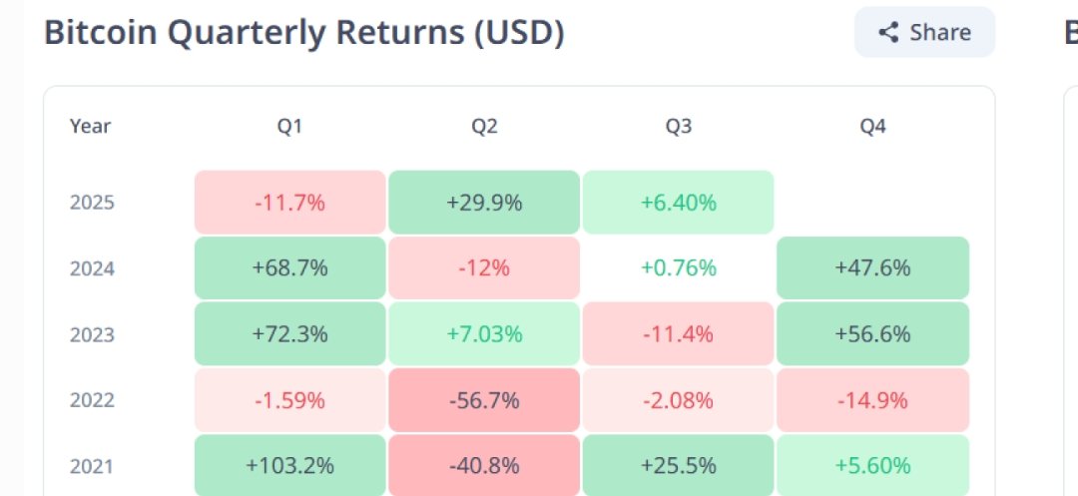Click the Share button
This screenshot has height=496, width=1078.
click(x=924, y=32)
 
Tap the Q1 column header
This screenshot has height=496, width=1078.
click(x=289, y=127)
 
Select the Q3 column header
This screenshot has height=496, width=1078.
click(x=678, y=127)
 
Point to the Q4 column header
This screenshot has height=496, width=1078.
click(x=872, y=127)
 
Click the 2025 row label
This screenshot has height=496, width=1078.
click(x=92, y=203)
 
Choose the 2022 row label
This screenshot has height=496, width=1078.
click(x=92, y=400)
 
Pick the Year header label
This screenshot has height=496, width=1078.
click(x=90, y=127)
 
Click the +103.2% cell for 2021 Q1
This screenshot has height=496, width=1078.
click(x=289, y=465)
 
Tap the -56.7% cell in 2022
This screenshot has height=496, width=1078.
click(x=484, y=400)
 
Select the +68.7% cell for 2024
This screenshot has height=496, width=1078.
click(x=289, y=268)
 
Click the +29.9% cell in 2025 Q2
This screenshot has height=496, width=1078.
click(x=484, y=203)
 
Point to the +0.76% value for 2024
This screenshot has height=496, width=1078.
click(x=678, y=268)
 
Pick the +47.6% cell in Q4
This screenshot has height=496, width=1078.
click(x=872, y=268)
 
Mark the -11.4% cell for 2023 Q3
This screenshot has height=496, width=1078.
click(x=678, y=334)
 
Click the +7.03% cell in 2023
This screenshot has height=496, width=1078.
click(x=484, y=334)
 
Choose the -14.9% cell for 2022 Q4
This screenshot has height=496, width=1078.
click(x=872, y=400)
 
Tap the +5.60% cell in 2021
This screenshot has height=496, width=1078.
click(x=872, y=465)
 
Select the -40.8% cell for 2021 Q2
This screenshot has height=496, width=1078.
click(x=484, y=465)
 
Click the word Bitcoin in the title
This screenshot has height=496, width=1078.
click(x=99, y=33)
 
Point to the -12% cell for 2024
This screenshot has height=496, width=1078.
click(x=484, y=268)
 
